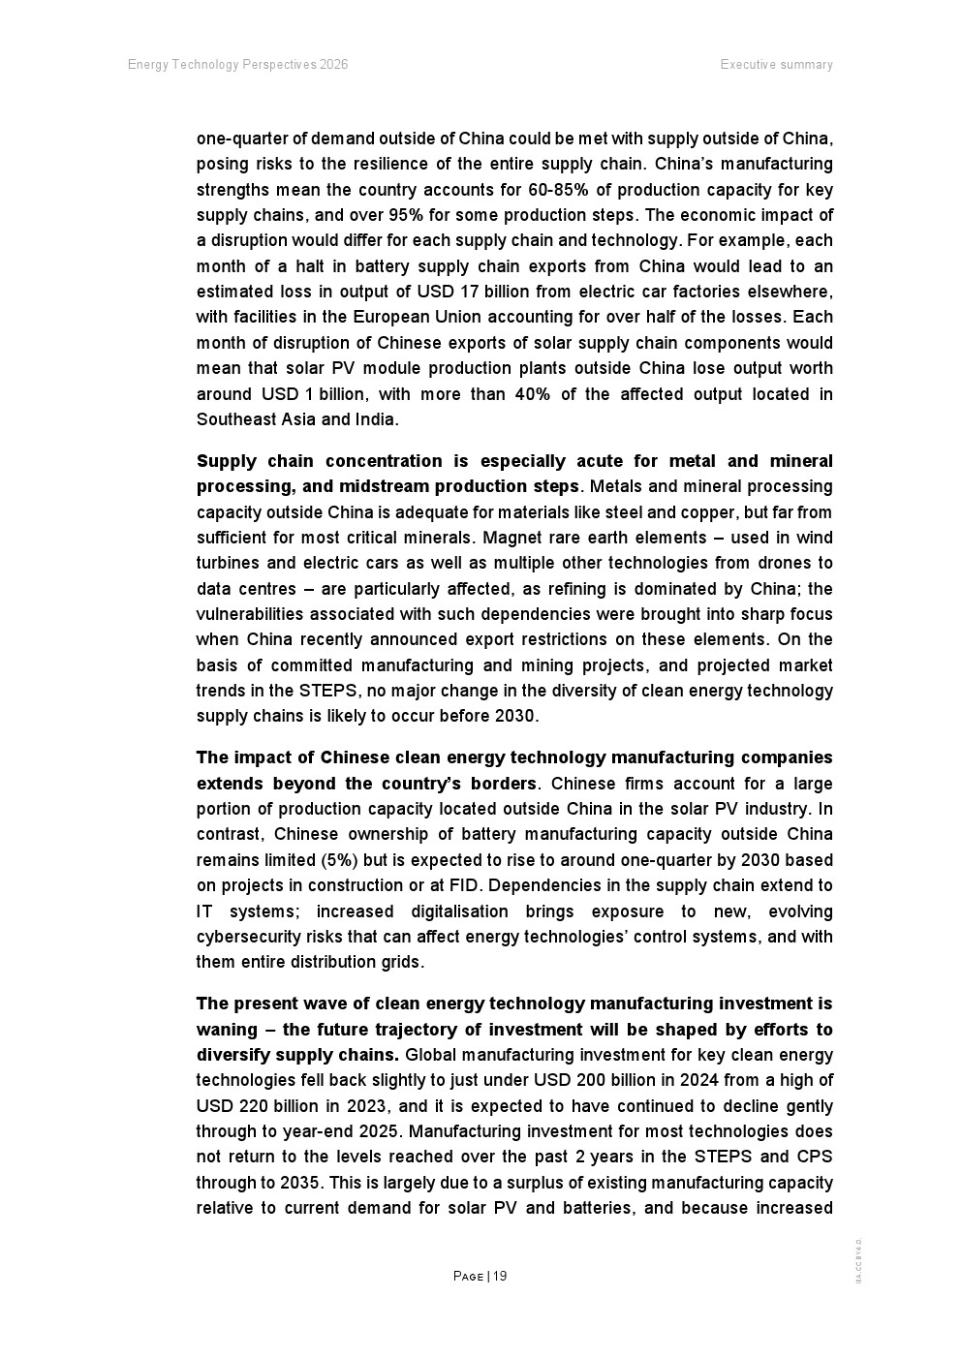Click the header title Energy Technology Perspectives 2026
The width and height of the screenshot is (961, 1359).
click(x=237, y=65)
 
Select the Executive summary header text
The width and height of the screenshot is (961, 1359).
click(x=776, y=65)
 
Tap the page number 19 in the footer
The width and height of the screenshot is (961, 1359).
click(x=500, y=1276)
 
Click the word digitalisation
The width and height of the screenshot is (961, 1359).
click(x=459, y=911)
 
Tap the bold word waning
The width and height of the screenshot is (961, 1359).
click(x=227, y=1030)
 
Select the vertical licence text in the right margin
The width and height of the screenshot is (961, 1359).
click(x=858, y=1260)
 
